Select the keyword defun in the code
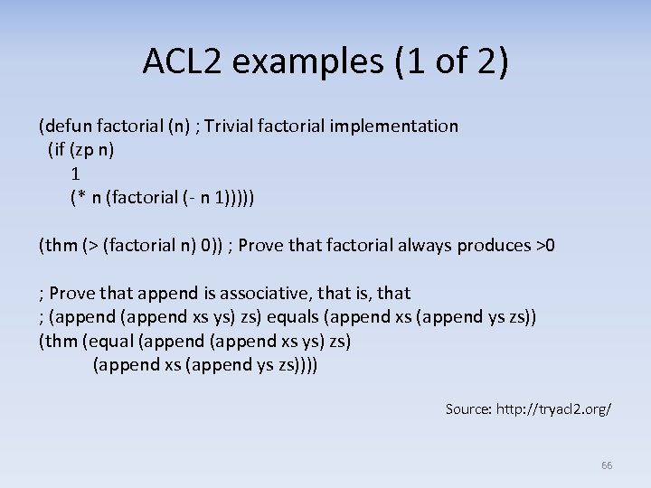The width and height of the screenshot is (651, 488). pos(66,126)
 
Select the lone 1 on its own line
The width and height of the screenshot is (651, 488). pos(75,173)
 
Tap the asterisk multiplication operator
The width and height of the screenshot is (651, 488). pos(80,197)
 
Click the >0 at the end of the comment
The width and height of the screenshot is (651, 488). pos(545,245)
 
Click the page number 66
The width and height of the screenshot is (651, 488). pos(607,465)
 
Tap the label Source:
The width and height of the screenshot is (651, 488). pos(467,409)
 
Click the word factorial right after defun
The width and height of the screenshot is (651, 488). pos(129,126)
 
